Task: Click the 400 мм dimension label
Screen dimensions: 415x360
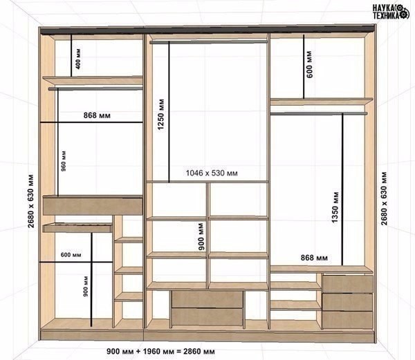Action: coord(78,59)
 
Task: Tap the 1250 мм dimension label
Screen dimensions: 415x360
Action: coord(161,115)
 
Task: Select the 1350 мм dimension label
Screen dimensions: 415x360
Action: coord(335,207)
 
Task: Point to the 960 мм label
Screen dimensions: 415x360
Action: coord(64,161)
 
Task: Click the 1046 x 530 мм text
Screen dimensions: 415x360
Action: coord(212,173)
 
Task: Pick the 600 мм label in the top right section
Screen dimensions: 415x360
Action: coord(309,64)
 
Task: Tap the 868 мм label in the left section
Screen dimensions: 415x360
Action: coord(97,115)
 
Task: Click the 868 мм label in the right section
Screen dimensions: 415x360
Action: coord(314,258)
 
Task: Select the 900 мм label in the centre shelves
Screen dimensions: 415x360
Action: coord(201,237)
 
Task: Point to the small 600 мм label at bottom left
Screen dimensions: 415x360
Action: coord(71,255)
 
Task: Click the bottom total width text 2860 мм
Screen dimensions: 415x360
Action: coord(199,352)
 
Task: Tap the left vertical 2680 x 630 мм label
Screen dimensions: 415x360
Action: coord(31,201)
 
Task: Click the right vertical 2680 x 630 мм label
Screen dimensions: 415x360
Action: coord(384,198)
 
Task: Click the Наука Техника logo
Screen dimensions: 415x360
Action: coord(391,12)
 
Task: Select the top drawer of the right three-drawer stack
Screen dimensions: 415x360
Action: coord(347,283)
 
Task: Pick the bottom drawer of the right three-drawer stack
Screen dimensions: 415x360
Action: coord(347,319)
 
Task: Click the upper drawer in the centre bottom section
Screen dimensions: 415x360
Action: coord(207,299)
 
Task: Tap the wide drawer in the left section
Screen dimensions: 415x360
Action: coord(93,206)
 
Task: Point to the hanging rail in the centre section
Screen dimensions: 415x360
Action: coord(209,42)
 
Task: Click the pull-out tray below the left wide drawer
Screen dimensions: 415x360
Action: coord(77,228)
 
